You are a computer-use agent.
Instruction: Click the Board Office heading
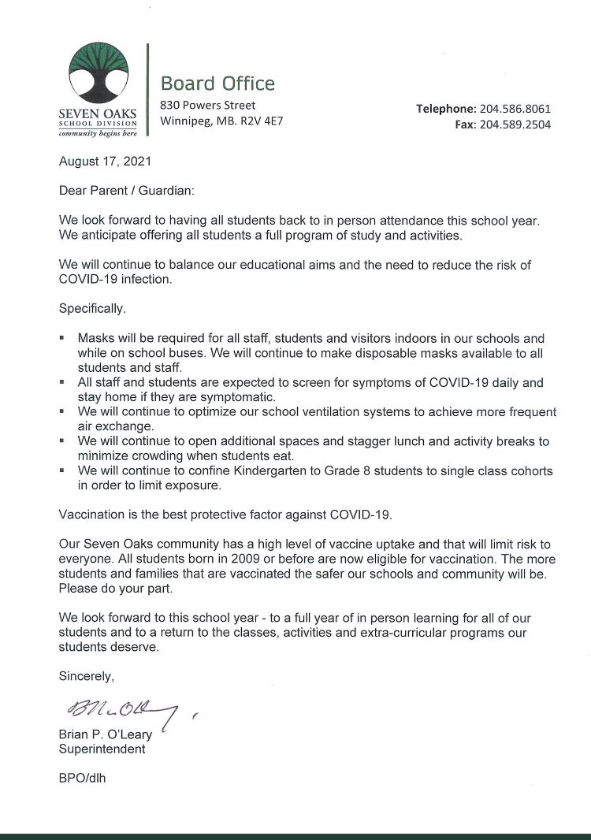click(x=217, y=84)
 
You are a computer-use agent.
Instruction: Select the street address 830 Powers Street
click(x=207, y=105)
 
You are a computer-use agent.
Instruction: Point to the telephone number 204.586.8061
click(x=515, y=109)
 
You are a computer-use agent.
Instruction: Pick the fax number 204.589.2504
click(x=515, y=125)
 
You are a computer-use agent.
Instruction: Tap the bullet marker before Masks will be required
click(x=62, y=337)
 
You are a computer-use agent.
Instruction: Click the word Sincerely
click(x=87, y=676)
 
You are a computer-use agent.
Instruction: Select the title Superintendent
click(x=102, y=749)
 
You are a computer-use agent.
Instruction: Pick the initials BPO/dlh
click(x=82, y=779)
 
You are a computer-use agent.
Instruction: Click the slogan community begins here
click(x=98, y=134)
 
